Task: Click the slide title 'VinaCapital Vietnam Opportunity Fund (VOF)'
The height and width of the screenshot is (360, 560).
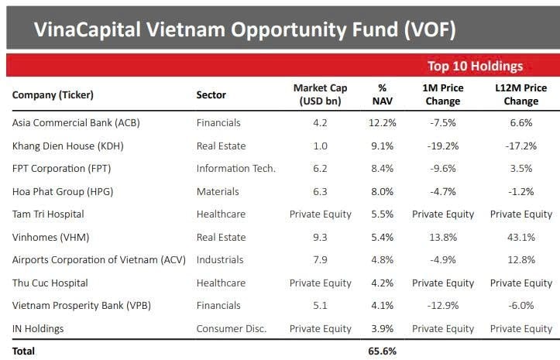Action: pos(244,30)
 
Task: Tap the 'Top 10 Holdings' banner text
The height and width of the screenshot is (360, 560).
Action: pos(475,67)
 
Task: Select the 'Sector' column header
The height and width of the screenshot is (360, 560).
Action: pos(211,95)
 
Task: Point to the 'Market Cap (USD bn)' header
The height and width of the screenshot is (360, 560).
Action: pos(320,95)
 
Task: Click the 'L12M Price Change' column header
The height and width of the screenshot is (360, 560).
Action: pos(520,95)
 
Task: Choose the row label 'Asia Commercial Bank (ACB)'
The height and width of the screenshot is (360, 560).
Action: pos(76,122)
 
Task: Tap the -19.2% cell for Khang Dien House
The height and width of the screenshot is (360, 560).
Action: pos(443,146)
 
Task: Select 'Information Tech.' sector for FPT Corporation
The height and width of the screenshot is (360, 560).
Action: pos(235,168)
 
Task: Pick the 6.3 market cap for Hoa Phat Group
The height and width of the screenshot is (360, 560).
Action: pos(320,191)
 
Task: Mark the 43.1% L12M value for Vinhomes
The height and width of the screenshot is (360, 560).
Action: pos(520,237)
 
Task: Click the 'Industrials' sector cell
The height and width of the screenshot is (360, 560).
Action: pos(220,259)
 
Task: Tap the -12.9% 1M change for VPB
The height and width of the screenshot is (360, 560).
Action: pos(443,305)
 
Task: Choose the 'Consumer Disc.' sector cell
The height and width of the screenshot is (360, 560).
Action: pos(231,328)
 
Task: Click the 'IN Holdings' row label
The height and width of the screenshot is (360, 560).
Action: pos(38,328)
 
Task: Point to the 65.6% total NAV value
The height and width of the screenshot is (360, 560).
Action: pos(382,351)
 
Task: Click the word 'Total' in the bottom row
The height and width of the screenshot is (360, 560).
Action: pos(24,351)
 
